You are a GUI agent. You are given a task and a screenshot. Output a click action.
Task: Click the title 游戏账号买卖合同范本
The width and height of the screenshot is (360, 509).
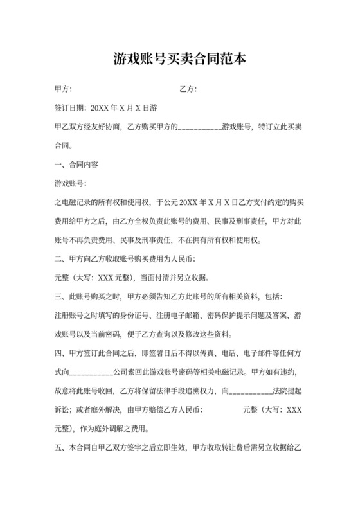pyautogui.click(x=179, y=60)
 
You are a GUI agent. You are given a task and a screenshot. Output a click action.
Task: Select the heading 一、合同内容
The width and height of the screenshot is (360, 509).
pyautogui.click(x=76, y=164)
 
